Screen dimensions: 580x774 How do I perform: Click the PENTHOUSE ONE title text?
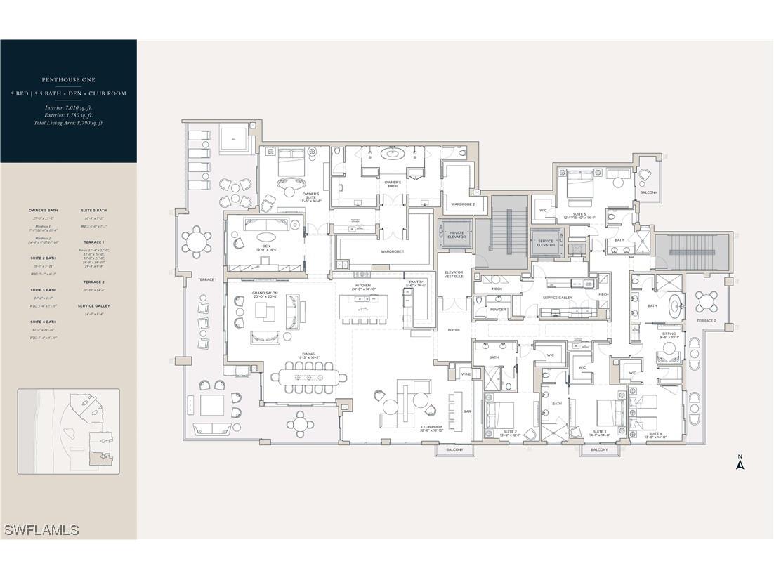click(x=68, y=79)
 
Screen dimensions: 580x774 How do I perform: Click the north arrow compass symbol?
click(x=739, y=463)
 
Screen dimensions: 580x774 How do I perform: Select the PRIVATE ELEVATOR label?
click(x=457, y=235)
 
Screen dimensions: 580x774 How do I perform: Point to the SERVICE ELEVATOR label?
click(x=545, y=243)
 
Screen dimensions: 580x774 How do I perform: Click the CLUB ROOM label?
click(x=431, y=427)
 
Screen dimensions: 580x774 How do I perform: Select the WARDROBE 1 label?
click(x=392, y=251)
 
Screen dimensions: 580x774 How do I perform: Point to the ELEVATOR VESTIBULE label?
click(x=454, y=275)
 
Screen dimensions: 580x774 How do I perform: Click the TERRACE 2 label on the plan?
click(x=706, y=320)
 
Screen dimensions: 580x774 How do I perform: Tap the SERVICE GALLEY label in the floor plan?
click(x=557, y=298)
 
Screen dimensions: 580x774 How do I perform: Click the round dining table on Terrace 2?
click(x=707, y=302)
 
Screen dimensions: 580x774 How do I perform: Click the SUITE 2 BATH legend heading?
click(x=43, y=258)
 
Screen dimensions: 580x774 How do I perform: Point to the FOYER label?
click(x=453, y=329)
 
